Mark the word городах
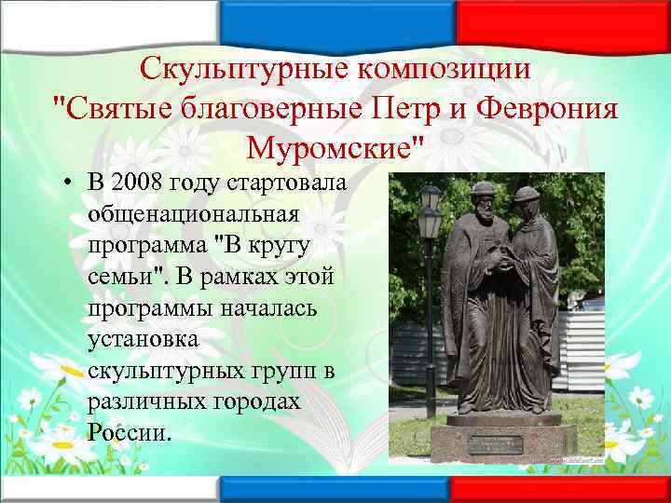tap(257, 400)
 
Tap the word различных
tap(149, 400)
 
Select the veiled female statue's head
tap(527, 205)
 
